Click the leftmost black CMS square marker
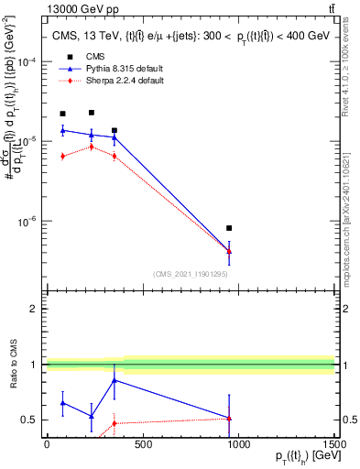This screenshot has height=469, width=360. click(x=62, y=114)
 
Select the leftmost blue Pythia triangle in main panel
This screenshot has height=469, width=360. click(x=62, y=130)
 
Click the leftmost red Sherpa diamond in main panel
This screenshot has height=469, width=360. click(x=62, y=156)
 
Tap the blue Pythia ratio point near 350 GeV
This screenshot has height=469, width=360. click(x=114, y=379)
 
